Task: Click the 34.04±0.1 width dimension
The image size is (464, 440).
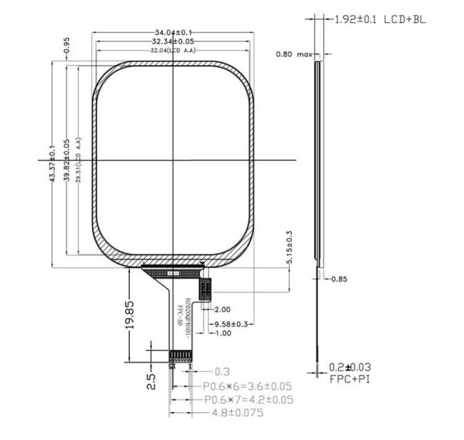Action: tap(173, 32)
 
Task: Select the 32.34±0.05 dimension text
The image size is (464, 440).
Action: tap(173, 41)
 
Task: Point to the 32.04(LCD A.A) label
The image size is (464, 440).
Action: tap(173, 51)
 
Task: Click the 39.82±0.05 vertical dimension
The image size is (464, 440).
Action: tap(66, 163)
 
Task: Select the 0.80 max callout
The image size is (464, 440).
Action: tap(295, 54)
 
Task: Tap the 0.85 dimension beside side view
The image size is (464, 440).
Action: tap(339, 279)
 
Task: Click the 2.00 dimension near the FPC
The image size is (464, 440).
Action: tap(222, 309)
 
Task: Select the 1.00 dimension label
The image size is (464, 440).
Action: tap(222, 333)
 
